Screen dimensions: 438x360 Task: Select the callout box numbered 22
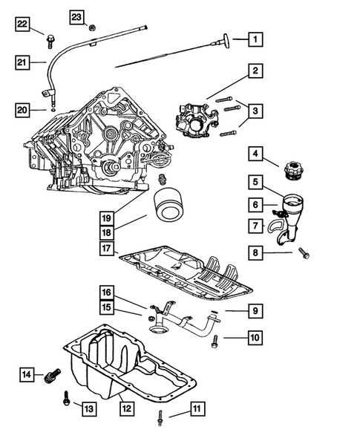click(23, 25)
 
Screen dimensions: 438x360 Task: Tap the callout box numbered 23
click(77, 16)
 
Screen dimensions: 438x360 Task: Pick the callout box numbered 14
click(27, 375)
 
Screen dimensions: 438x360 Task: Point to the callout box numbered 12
click(127, 407)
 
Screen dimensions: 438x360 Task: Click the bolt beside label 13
click(67, 399)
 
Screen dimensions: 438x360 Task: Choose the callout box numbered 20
click(23, 111)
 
